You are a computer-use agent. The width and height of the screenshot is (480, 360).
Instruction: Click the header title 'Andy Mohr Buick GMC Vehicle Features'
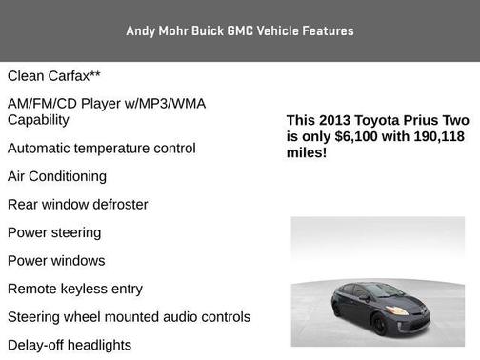pyautogui.click(x=239, y=30)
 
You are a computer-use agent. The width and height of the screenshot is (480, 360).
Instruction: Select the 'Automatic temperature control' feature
pyautogui.click(x=102, y=149)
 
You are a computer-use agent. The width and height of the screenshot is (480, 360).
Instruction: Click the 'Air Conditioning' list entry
pyautogui.click(x=57, y=176)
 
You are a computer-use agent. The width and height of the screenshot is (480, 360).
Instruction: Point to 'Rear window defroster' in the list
pyautogui.click(x=78, y=205)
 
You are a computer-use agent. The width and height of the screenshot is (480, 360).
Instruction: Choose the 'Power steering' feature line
pyautogui.click(x=54, y=232)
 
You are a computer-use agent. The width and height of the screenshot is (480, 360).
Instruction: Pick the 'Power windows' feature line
pyautogui.click(x=56, y=261)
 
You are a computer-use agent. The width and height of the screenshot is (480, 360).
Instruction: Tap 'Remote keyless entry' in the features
pyautogui.click(x=75, y=289)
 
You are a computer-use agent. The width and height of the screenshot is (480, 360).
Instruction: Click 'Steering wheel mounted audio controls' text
pyautogui.click(x=129, y=317)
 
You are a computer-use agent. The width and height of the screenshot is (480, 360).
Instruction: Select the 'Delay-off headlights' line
pyautogui.click(x=70, y=345)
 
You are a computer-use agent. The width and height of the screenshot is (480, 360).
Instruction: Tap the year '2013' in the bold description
pyautogui.click(x=335, y=121)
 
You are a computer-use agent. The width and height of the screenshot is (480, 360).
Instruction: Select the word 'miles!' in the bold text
pyautogui.click(x=307, y=151)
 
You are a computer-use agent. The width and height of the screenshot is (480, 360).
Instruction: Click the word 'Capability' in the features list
pyautogui.click(x=38, y=120)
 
